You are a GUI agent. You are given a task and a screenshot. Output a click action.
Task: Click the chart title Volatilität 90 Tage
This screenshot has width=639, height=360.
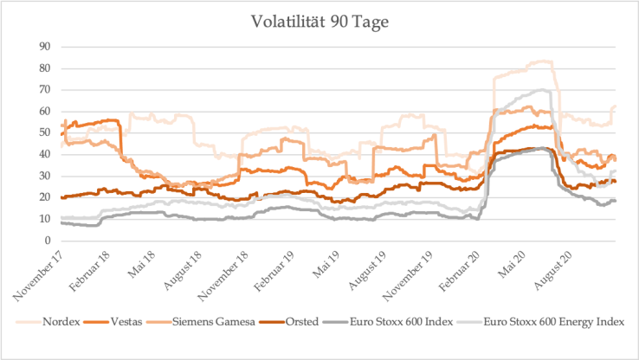[319, 22]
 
